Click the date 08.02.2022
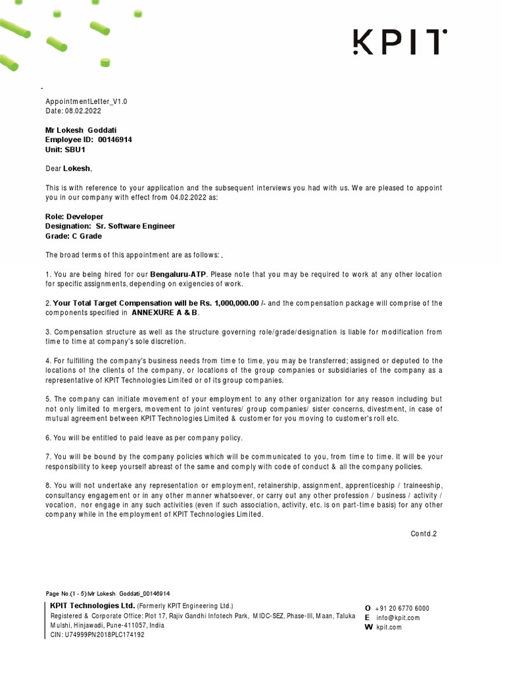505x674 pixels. pyautogui.click(x=80, y=112)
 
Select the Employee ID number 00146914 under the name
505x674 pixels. pyautogui.click(x=114, y=140)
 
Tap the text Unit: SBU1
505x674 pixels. pyautogui.click(x=66, y=150)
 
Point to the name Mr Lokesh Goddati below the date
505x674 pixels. pyautogui.click(x=81, y=130)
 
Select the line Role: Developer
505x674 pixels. pyautogui.click(x=74, y=217)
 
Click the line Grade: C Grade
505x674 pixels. pyautogui.click(x=74, y=236)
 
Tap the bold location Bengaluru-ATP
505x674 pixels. pyautogui.click(x=178, y=274)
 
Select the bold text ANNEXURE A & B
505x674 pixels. pyautogui.click(x=165, y=313)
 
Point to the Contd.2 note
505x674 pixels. pyautogui.click(x=423, y=534)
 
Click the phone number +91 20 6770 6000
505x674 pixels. pyautogui.click(x=402, y=608)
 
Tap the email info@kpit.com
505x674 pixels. pyautogui.click(x=398, y=617)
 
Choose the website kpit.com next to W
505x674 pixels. pyautogui.click(x=389, y=627)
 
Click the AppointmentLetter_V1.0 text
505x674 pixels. pyautogui.click(x=86, y=102)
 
